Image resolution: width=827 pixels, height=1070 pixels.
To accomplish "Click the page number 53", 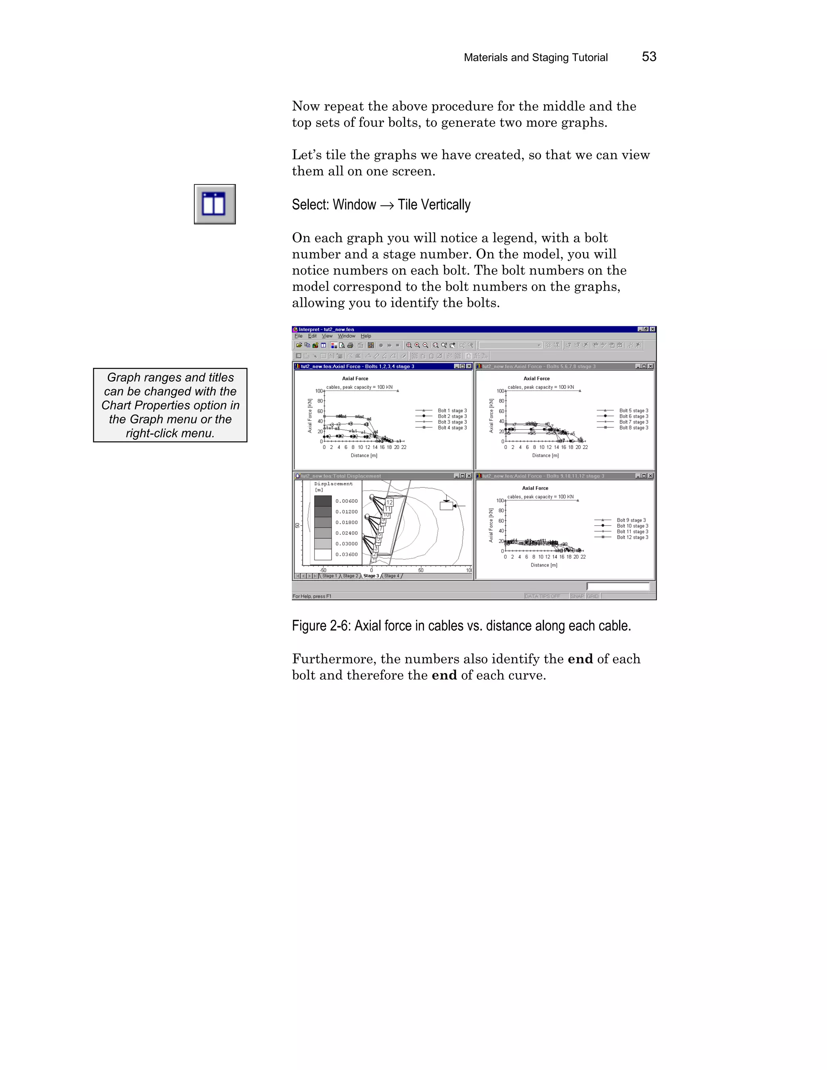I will [649, 57].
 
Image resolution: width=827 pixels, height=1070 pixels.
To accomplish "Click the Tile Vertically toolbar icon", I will [214, 204].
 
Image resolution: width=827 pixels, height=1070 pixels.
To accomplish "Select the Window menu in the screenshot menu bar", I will [346, 336].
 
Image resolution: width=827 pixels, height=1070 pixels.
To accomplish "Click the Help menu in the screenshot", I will [366, 336].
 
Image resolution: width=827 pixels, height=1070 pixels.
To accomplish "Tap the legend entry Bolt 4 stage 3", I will [452, 428].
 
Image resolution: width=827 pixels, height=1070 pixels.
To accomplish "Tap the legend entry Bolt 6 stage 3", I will [633, 416].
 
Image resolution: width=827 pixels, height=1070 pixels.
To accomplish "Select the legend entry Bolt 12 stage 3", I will [632, 537].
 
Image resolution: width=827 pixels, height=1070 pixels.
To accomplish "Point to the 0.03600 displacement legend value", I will [346, 555].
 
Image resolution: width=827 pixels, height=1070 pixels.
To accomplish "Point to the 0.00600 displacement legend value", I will [346, 501].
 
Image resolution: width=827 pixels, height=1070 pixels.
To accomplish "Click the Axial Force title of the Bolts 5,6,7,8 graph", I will [537, 379].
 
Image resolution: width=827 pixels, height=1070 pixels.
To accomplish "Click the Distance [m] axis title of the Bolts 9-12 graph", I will [544, 565].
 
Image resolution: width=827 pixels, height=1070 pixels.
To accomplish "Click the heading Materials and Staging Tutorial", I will [535, 57].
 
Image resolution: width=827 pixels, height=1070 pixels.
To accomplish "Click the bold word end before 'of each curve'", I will [444, 675].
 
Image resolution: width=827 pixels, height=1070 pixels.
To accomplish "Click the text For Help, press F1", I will [312, 596].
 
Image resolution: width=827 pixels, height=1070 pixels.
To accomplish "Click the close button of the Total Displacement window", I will [469, 476].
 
